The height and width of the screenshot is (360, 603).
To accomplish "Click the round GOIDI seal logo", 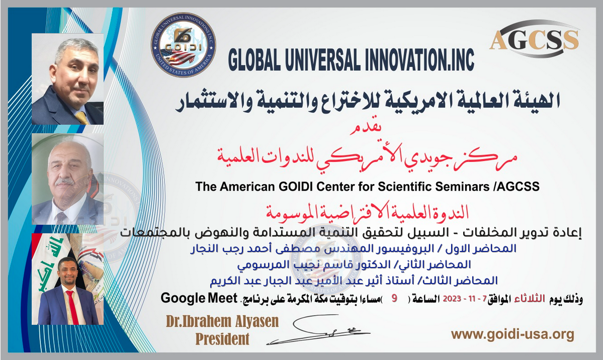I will tap(183, 45).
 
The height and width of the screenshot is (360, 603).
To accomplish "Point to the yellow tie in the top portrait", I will tap(81, 117).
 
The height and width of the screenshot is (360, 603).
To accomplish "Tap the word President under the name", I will tap(222, 339).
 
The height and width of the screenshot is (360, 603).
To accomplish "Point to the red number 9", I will tap(394, 299).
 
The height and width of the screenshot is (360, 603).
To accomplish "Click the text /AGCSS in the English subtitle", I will tap(516, 187).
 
